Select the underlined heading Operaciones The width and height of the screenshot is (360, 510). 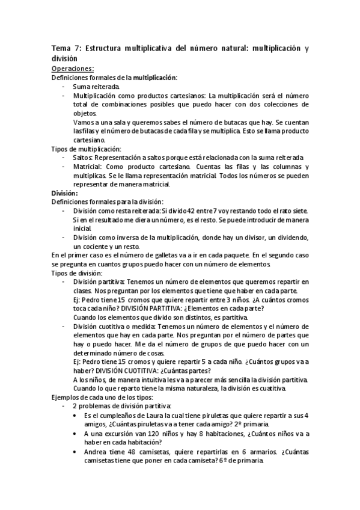(73, 69)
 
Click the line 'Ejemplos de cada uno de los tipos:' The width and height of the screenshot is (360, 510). (102, 398)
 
